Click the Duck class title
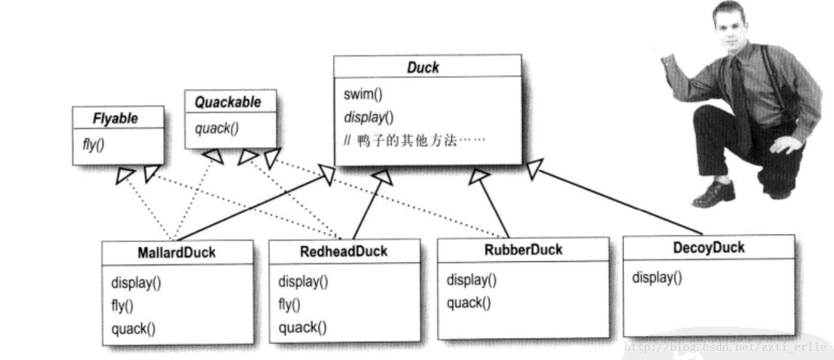point(423,67)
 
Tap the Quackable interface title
point(227,102)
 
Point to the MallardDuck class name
point(177,252)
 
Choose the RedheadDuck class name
point(344,251)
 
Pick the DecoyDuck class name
point(709,248)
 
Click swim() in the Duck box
point(363,94)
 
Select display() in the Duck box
point(369,118)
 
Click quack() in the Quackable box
point(217,127)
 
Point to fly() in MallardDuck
point(122,306)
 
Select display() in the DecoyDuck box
point(657,277)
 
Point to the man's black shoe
point(714,193)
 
